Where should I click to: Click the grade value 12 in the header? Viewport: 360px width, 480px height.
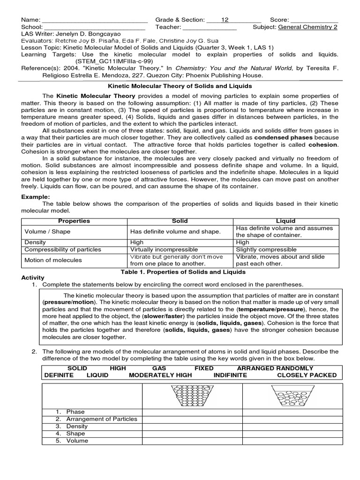click(225, 20)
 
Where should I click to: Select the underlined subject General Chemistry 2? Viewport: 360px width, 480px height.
click(308, 27)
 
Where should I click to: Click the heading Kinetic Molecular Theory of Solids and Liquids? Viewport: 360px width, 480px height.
click(180, 86)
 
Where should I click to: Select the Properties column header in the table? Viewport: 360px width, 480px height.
click(74, 221)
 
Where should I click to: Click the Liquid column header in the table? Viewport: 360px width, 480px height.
click(286, 221)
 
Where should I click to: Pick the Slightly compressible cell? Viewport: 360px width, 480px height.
click(266, 249)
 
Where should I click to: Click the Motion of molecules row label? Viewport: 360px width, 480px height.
click(53, 260)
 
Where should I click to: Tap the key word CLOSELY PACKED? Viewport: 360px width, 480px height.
click(307, 375)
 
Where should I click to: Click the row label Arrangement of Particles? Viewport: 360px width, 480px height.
click(101, 419)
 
